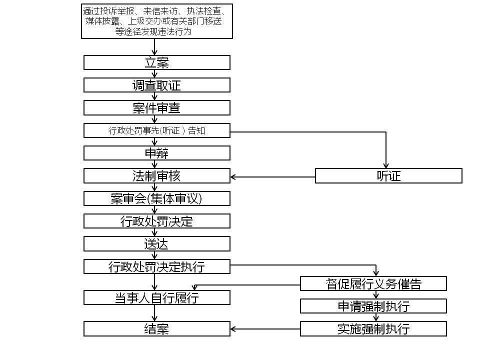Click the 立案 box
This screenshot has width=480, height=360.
tap(156, 62)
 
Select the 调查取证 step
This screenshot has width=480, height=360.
tap(156, 85)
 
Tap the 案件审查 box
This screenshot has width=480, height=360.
tap(156, 108)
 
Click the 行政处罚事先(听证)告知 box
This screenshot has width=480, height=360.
tap(156, 131)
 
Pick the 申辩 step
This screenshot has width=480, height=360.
tap(156, 153)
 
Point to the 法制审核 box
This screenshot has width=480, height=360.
tap(156, 176)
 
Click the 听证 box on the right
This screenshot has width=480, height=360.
tap(388, 176)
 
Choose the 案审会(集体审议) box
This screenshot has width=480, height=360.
tap(156, 198)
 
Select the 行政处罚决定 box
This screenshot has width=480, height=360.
tap(156, 221)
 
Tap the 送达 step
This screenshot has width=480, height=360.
tap(156, 244)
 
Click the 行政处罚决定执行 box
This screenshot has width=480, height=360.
tap(156, 266)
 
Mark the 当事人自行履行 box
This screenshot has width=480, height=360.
tap(156, 298)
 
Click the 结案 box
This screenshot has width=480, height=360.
tap(156, 329)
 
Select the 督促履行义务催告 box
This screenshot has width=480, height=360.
tap(373, 284)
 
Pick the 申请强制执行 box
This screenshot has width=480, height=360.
tap(373, 306)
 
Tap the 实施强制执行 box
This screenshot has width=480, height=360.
tap(373, 329)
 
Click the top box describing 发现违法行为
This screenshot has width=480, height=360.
tap(157, 21)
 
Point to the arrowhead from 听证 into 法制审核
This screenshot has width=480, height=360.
tap(233, 176)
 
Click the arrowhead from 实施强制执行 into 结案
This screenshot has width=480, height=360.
tap(233, 329)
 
